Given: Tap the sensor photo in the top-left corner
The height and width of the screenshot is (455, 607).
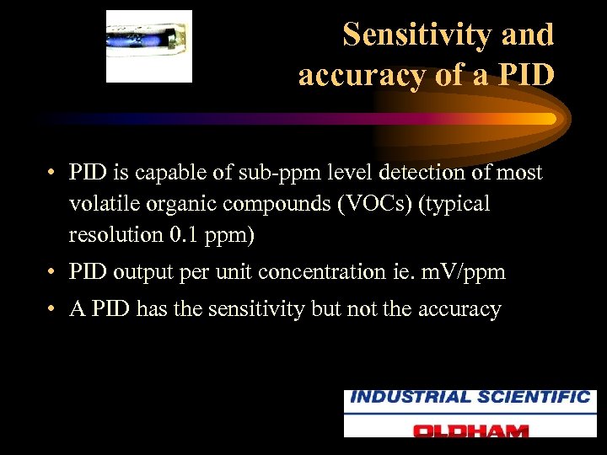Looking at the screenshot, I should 149,45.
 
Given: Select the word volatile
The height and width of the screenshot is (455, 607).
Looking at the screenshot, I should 105,204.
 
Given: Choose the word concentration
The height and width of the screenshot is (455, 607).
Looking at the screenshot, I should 326,272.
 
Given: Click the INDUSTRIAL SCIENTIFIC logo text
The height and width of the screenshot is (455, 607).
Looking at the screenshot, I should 470,398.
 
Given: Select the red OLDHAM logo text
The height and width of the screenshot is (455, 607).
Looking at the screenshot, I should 470,429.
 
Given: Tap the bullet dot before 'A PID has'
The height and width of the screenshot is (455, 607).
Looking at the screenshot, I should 52,310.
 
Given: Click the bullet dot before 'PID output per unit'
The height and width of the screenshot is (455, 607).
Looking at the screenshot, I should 52,273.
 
